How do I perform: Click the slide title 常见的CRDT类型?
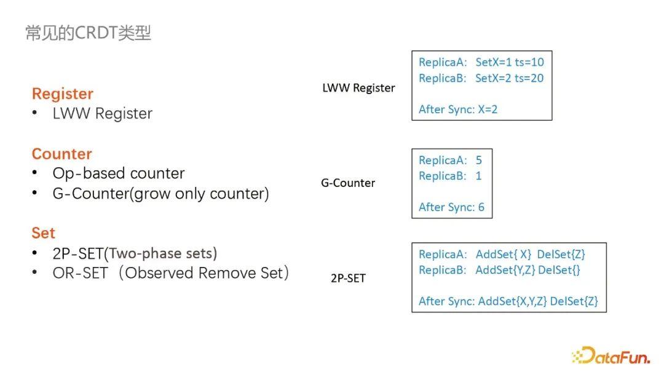pyautogui.click(x=88, y=33)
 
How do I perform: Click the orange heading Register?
pyautogui.click(x=63, y=94)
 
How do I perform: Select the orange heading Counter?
pyautogui.click(x=61, y=154)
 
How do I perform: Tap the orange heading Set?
pyautogui.click(x=44, y=233)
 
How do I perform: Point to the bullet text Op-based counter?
pyautogui.click(x=119, y=173)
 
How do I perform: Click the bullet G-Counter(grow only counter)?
pyautogui.click(x=161, y=194)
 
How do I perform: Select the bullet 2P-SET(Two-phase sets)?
pyautogui.click(x=135, y=253)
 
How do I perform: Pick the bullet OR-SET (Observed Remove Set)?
pyautogui.click(x=171, y=273)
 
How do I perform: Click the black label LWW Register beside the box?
pyautogui.click(x=358, y=88)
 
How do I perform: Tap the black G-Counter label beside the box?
pyautogui.click(x=348, y=183)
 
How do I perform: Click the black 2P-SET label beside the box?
pyautogui.click(x=348, y=278)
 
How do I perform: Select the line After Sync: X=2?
pyautogui.click(x=458, y=109)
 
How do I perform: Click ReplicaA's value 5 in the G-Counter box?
pyautogui.click(x=479, y=161)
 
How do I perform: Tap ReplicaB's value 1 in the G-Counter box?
pyautogui.click(x=479, y=176)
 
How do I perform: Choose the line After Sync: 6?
pyautogui.click(x=451, y=207)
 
